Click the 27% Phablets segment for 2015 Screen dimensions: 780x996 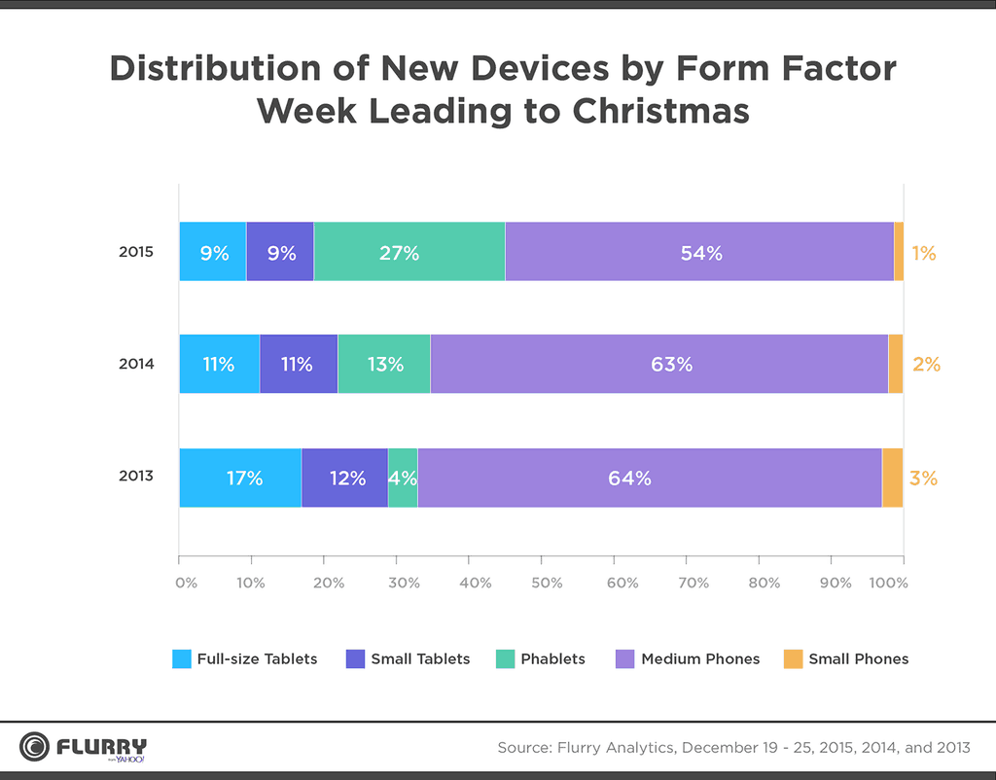[409, 252]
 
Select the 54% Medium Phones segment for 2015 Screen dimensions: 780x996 [699, 252]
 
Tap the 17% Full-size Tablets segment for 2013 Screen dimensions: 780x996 [240, 478]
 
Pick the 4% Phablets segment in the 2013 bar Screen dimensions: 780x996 [403, 478]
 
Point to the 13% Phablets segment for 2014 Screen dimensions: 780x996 [384, 365]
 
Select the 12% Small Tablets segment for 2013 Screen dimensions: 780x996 [344, 478]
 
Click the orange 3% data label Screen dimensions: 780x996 [923, 478]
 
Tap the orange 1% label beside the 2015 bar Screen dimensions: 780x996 [923, 253]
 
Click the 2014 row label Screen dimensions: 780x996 [136, 364]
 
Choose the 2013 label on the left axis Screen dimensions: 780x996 [136, 477]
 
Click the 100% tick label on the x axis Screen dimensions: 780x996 [888, 583]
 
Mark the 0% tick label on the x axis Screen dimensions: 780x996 [186, 583]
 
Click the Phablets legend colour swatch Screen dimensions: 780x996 [505, 658]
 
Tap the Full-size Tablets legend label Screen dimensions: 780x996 [257, 658]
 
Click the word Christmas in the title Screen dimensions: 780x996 [660, 111]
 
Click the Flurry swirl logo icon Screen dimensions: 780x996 [35, 747]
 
